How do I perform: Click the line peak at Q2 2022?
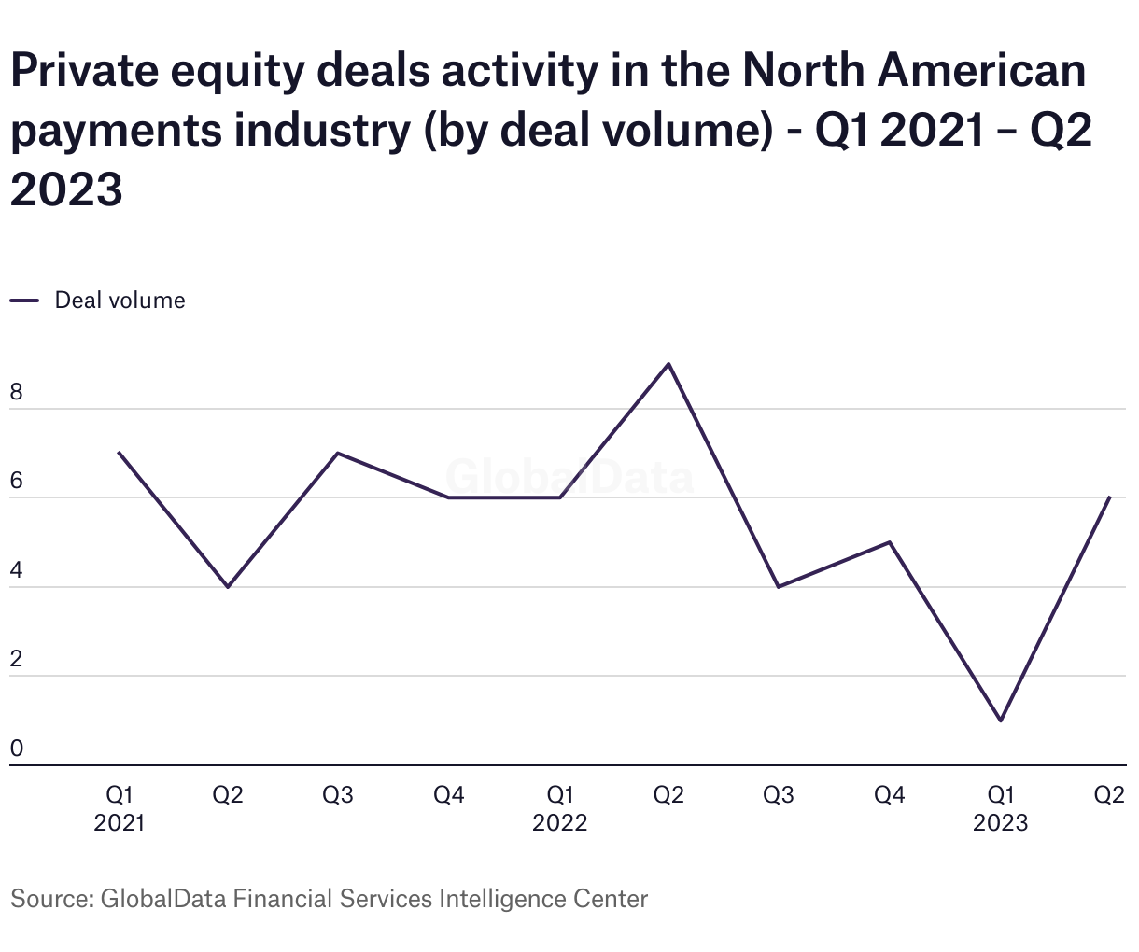[668, 364]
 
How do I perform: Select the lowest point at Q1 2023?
[1001, 721]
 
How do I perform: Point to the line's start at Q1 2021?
[119, 453]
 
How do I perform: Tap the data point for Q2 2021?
[228, 587]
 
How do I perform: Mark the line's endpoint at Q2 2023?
[1109, 497]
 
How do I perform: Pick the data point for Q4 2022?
[890, 542]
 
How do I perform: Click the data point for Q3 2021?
[337, 453]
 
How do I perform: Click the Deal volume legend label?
[120, 301]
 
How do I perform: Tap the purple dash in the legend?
[24, 301]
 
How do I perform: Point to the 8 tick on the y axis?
[16, 393]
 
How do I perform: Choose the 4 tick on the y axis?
[16, 571]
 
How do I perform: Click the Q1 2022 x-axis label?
[559, 808]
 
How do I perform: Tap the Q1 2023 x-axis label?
[1000, 808]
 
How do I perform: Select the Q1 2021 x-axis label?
[120, 808]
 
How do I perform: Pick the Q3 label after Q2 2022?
[779, 795]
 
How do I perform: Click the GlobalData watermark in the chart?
[569, 477]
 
